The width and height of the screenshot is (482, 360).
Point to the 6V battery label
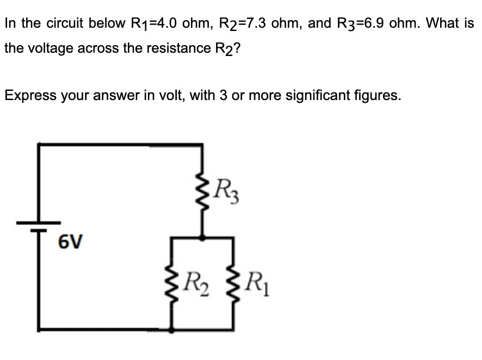[x=70, y=240]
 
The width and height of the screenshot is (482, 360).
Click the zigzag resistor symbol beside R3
[x=202, y=190]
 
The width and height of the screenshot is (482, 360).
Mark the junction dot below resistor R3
[x=203, y=237]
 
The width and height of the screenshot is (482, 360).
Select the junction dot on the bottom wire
[x=172, y=329]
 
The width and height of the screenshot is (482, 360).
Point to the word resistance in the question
[x=172, y=48]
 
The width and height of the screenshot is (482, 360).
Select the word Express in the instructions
[x=27, y=96]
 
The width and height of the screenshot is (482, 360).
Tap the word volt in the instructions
[x=158, y=96]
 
